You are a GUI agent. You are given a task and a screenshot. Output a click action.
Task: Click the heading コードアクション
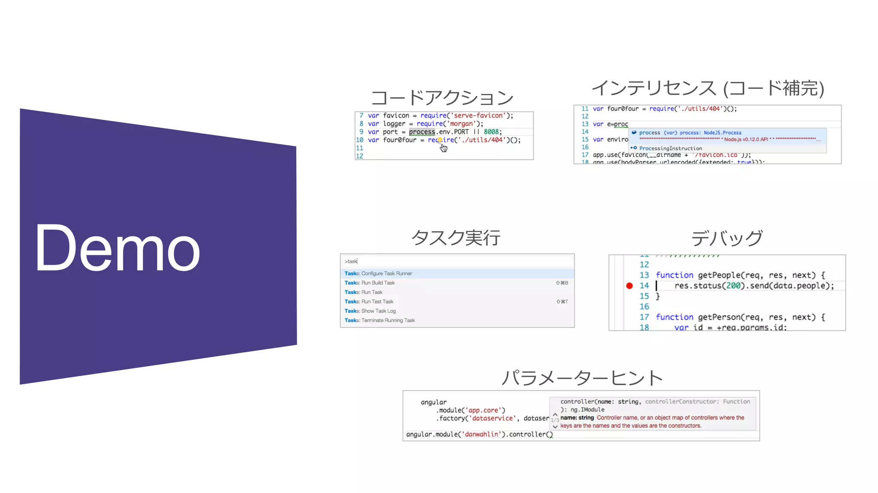click(x=442, y=98)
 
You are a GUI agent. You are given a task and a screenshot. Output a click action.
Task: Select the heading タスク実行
click(x=456, y=238)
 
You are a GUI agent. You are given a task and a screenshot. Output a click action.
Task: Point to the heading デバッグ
click(x=727, y=238)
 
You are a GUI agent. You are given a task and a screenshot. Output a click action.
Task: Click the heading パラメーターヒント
click(x=582, y=378)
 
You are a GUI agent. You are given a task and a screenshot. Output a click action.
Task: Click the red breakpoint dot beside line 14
click(x=629, y=286)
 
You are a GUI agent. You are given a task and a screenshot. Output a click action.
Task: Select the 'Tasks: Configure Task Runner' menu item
click(x=378, y=273)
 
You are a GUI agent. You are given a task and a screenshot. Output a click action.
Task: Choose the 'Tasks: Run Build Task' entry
click(x=370, y=283)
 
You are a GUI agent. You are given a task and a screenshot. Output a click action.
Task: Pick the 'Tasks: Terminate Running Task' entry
click(x=379, y=320)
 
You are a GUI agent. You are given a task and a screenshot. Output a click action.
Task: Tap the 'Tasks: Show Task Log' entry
click(x=370, y=311)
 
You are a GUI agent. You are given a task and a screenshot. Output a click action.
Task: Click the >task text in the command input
click(x=351, y=261)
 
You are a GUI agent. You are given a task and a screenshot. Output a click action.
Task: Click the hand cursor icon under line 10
click(x=444, y=148)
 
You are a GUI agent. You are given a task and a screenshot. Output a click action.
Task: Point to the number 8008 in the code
click(x=491, y=132)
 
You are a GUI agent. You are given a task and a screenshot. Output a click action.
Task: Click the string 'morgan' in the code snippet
click(x=461, y=124)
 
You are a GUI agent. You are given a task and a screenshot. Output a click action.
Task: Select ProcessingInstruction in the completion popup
click(x=671, y=148)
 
